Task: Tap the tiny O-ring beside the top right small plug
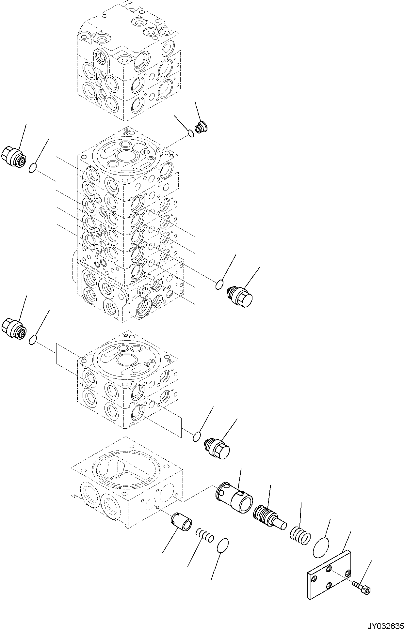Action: point(191,133)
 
